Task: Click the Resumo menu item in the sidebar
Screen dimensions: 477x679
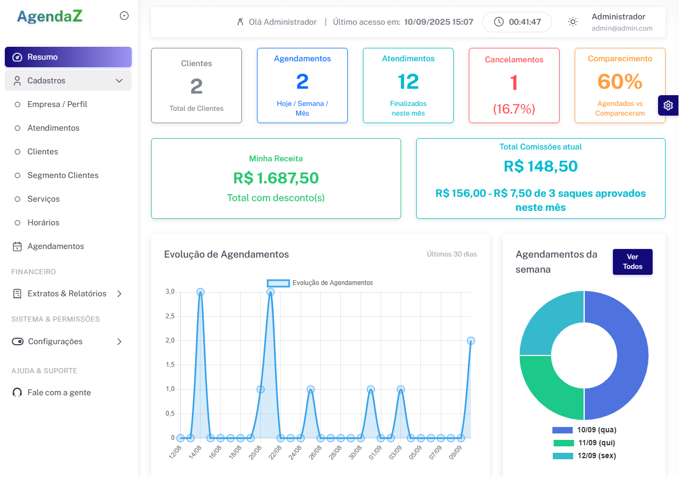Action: [x=68, y=57]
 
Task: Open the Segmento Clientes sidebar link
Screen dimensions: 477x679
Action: [x=63, y=175]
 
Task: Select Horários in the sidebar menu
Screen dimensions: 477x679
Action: [x=43, y=223]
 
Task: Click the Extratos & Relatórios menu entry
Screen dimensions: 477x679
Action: [x=67, y=294]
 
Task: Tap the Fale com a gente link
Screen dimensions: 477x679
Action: [x=59, y=393]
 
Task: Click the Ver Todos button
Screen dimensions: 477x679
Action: [x=632, y=262]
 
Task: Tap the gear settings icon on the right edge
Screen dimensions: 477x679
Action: [x=668, y=105]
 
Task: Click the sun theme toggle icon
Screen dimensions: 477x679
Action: [x=573, y=22]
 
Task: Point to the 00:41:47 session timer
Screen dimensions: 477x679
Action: [x=517, y=22]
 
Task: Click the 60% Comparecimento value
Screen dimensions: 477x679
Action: [x=620, y=81]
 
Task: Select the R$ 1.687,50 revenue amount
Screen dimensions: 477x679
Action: [x=276, y=178]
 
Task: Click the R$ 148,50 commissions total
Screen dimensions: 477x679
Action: [x=540, y=166]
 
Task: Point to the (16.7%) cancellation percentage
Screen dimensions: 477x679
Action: [x=514, y=109]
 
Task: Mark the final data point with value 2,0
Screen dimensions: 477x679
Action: [x=471, y=340]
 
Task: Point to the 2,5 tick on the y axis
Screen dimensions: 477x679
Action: [x=170, y=316]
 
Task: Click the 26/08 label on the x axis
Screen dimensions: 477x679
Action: [x=315, y=451]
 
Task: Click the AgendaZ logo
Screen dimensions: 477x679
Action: [x=50, y=16]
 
